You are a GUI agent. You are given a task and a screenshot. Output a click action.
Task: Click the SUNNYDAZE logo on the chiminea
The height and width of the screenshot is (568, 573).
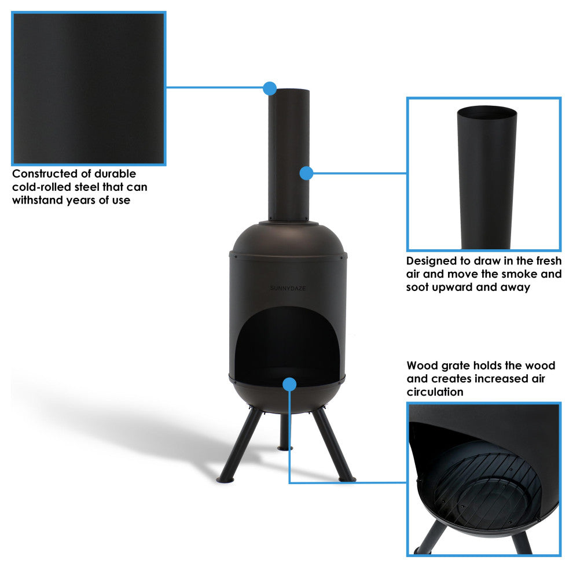pos(288,287)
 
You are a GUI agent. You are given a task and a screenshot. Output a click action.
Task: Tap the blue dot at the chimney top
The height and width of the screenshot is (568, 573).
pos(269,88)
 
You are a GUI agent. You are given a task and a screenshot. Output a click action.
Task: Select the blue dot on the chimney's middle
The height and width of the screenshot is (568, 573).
pos(306,173)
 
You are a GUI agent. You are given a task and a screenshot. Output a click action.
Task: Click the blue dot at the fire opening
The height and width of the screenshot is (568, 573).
pos(289,383)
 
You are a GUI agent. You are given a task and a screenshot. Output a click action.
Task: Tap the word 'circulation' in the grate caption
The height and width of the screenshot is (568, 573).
pos(435,392)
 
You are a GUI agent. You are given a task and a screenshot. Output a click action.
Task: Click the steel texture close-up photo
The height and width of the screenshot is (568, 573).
pos(89,88)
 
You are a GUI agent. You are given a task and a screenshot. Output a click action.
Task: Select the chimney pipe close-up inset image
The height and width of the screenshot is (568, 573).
pos(484,174)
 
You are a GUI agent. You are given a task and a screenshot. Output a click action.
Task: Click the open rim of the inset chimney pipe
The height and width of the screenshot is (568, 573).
pos(487,113)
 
